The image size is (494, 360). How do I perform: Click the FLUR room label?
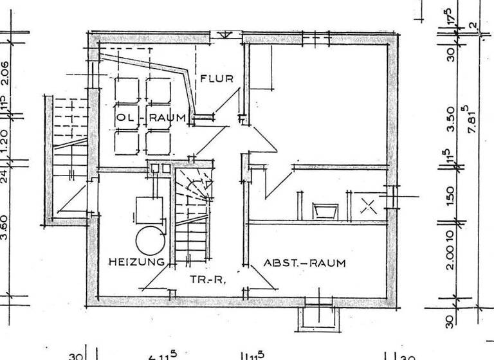(x=216, y=79)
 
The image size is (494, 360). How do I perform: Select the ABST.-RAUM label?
(x=304, y=263)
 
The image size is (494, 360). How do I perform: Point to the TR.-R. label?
(x=206, y=280)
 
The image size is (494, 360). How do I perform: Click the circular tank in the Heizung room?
(x=151, y=240)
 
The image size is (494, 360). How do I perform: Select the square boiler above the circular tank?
(x=147, y=209)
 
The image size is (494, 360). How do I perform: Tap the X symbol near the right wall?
(x=368, y=206)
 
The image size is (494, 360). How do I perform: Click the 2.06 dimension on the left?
(x=5, y=73)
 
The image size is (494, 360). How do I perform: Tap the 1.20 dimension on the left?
(x=5, y=138)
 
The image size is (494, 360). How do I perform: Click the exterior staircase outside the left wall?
(x=67, y=161)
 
